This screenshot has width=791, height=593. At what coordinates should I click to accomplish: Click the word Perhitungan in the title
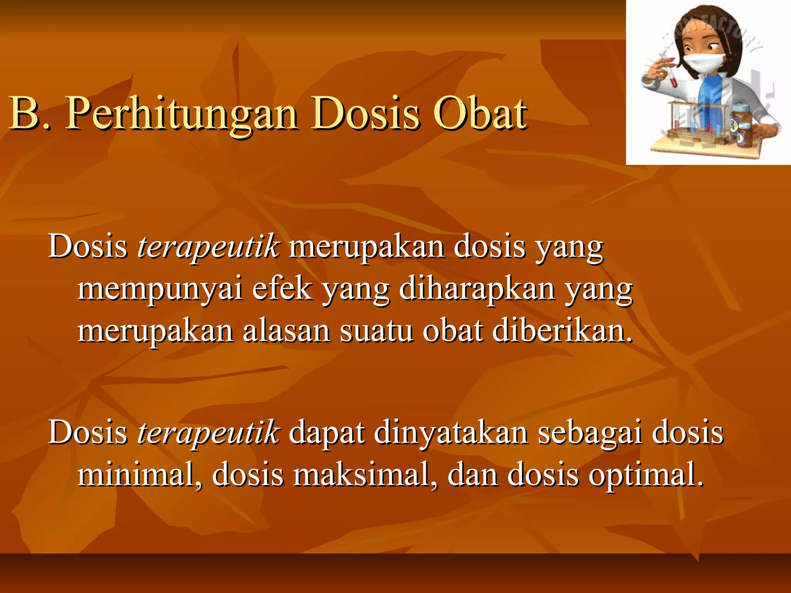(182, 114)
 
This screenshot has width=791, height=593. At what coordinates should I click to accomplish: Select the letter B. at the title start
(29, 114)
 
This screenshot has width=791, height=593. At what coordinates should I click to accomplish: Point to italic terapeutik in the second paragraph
(208, 432)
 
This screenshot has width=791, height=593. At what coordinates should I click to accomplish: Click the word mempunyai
(160, 290)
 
